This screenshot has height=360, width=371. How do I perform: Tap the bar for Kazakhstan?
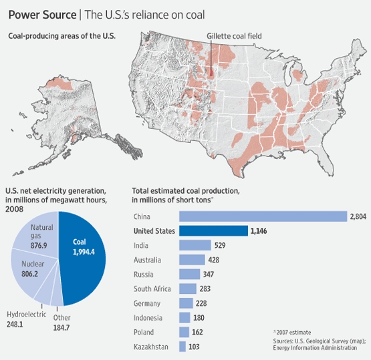click(x=182, y=346)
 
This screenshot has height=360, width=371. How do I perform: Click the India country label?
click(x=142, y=246)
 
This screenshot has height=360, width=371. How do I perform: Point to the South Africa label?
click(x=152, y=289)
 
